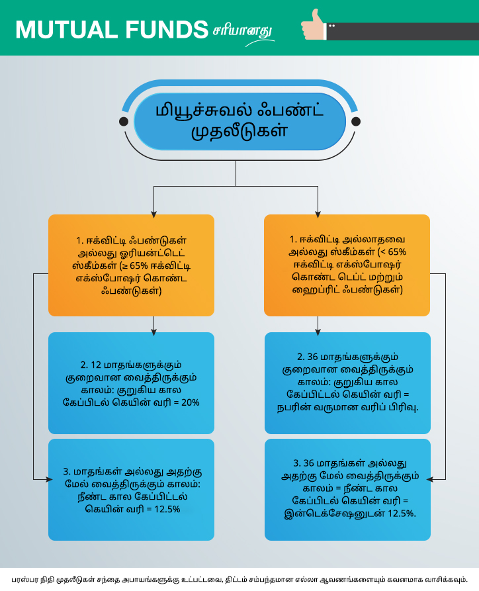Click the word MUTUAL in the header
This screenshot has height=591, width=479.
[66, 30]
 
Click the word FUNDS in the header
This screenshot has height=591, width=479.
[167, 30]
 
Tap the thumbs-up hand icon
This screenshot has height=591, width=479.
[314, 25]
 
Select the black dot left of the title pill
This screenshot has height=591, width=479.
[123, 121]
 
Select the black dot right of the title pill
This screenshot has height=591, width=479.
[356, 121]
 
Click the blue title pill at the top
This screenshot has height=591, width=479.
[239, 121]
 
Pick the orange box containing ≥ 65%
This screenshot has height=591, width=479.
[131, 265]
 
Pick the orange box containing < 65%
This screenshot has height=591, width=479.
[347, 265]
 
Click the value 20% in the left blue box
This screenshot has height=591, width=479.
[191, 402]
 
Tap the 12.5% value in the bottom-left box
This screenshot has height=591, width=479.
[167, 509]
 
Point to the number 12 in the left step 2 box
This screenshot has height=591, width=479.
[96, 365]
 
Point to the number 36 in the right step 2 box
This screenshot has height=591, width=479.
[313, 357]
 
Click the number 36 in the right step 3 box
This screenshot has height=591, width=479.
[309, 463]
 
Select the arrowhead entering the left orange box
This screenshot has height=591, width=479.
[153, 214]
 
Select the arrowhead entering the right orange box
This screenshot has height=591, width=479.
[318, 214]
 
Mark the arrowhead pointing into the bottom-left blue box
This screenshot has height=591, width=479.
[49, 479]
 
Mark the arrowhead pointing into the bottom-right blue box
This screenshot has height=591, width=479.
[430, 479]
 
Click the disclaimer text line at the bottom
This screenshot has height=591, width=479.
[239, 580]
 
